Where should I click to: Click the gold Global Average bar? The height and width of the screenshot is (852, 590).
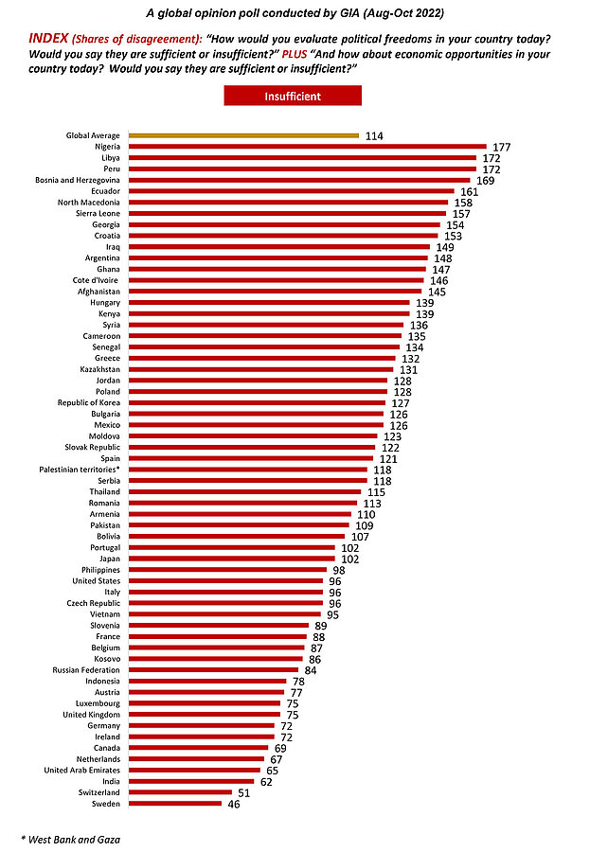pyautogui.click(x=243, y=135)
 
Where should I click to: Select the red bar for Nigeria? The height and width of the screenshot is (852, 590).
pyautogui.click(x=307, y=147)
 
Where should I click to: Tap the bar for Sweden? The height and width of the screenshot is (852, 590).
pyautogui.click(x=175, y=803)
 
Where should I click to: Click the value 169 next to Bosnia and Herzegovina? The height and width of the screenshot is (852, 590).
pyautogui.click(x=485, y=180)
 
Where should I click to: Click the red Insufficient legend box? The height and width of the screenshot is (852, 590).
pyautogui.click(x=293, y=96)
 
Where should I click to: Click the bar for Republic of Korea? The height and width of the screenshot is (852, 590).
pyautogui.click(x=257, y=402)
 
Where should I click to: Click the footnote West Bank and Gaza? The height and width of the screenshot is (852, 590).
pyautogui.click(x=70, y=839)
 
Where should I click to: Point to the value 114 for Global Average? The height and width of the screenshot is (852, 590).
pyautogui.click(x=373, y=136)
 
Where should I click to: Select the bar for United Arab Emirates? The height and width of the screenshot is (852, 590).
pyautogui.click(x=195, y=770)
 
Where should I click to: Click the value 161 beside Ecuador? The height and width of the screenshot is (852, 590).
pyautogui.click(x=470, y=191)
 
